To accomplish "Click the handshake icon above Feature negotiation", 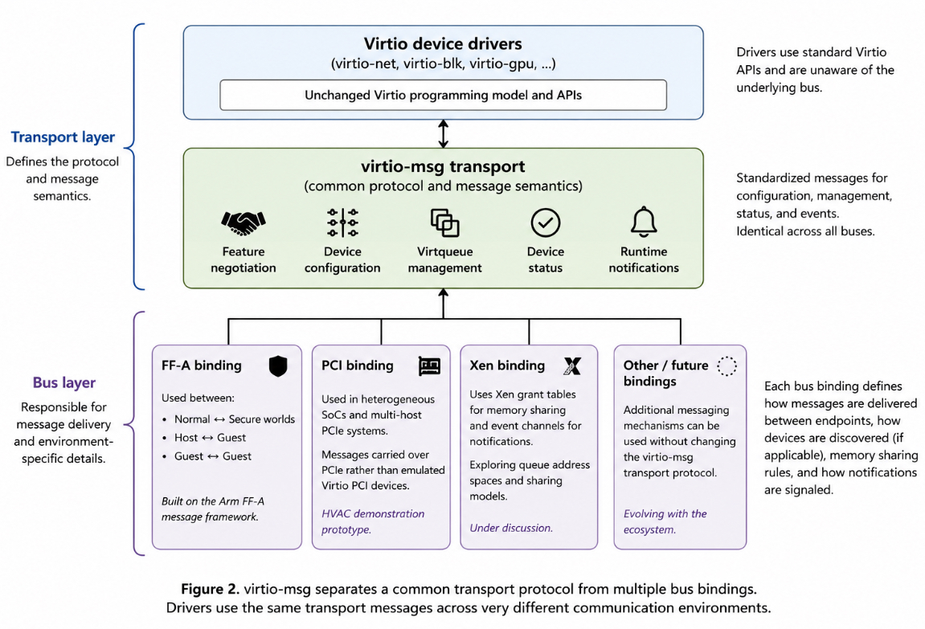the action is pos(243,223).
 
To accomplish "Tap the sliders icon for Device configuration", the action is pos(342,223).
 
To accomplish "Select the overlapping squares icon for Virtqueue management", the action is pos(444,223).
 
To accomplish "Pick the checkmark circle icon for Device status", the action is pos(546,223).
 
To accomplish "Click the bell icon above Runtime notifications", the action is pos(644,222).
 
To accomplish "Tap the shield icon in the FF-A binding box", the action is pos(278,366).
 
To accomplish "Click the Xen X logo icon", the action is pos(572,366).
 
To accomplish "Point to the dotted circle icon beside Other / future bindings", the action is pos(726,366).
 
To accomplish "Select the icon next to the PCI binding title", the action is pos(429,366).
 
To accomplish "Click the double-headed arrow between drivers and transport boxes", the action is pos(443,134).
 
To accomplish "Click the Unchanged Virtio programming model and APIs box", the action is pos(443,95).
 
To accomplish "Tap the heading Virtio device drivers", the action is pos(443,43).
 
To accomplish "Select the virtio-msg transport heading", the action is pos(443,166).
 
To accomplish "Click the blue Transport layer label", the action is pos(63,137).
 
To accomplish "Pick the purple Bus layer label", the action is pos(63,382).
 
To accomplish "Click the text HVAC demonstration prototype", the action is pos(373,521).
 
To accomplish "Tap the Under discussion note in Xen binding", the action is pos(511,529).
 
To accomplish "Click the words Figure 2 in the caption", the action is pos(210,589).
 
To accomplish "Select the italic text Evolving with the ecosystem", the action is pos(665,521).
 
